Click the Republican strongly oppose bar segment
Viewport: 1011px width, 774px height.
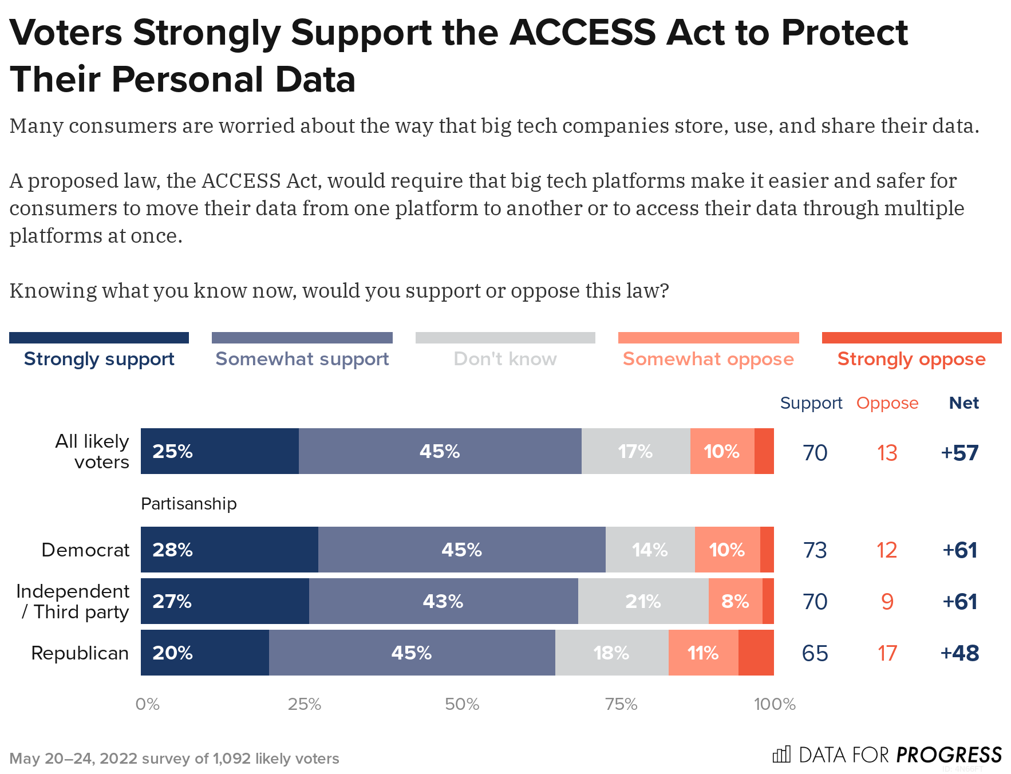(x=756, y=653)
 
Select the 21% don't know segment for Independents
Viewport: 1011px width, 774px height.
(x=643, y=601)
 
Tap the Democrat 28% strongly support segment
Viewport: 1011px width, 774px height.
(x=229, y=550)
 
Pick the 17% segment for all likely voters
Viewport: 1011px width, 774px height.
(x=635, y=451)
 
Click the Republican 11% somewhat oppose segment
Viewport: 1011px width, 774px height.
(x=703, y=653)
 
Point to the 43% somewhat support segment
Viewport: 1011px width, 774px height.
(x=443, y=601)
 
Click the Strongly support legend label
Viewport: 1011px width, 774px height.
(x=99, y=359)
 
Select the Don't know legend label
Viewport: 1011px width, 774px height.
(x=505, y=359)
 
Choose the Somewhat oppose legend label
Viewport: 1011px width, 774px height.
(x=708, y=359)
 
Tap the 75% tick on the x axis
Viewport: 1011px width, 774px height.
(x=621, y=704)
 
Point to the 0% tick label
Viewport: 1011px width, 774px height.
(x=147, y=704)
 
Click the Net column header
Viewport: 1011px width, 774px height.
(x=963, y=403)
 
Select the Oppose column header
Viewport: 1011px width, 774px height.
(x=887, y=403)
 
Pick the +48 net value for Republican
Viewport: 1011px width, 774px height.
(x=959, y=653)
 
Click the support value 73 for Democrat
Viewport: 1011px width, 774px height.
(x=815, y=550)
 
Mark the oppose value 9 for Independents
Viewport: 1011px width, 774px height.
(x=887, y=602)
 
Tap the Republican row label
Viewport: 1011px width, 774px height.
(x=80, y=653)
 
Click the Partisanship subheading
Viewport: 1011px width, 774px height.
(x=188, y=504)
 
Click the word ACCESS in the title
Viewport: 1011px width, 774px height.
(x=582, y=33)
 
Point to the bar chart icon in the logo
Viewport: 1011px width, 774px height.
(x=781, y=755)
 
